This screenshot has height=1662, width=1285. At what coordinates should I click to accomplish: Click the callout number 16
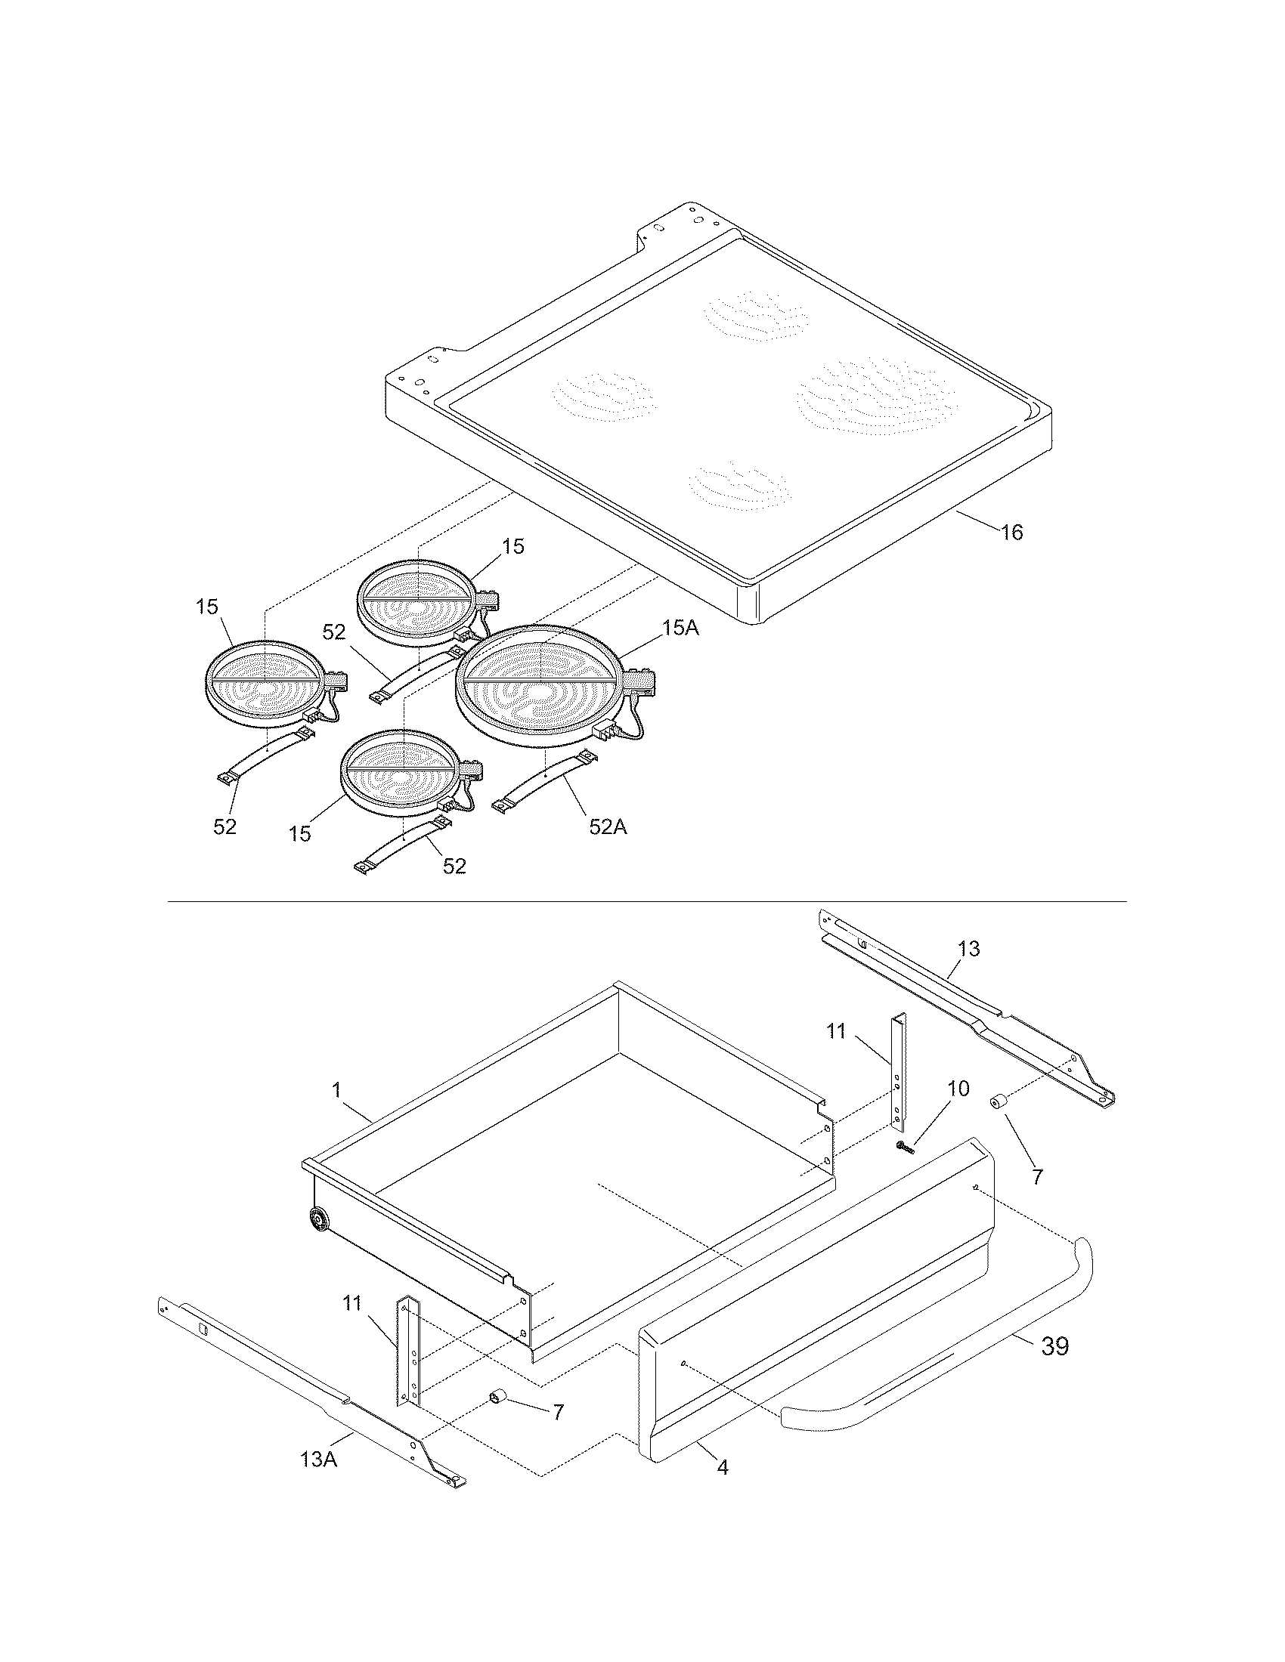[1011, 532]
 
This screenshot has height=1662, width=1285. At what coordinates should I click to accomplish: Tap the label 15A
[680, 628]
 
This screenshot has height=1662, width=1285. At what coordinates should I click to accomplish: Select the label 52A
[608, 826]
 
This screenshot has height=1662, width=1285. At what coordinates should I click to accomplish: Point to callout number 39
[1054, 1346]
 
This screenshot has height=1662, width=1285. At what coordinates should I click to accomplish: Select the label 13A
[318, 1459]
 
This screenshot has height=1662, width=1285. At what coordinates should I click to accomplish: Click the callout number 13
[968, 949]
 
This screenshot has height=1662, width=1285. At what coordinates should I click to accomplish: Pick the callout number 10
[958, 1089]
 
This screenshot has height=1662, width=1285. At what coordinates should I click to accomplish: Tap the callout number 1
[336, 1089]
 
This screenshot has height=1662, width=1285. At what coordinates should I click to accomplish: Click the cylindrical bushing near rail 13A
[499, 1397]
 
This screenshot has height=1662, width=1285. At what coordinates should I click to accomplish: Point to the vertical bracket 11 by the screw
[898, 1073]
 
